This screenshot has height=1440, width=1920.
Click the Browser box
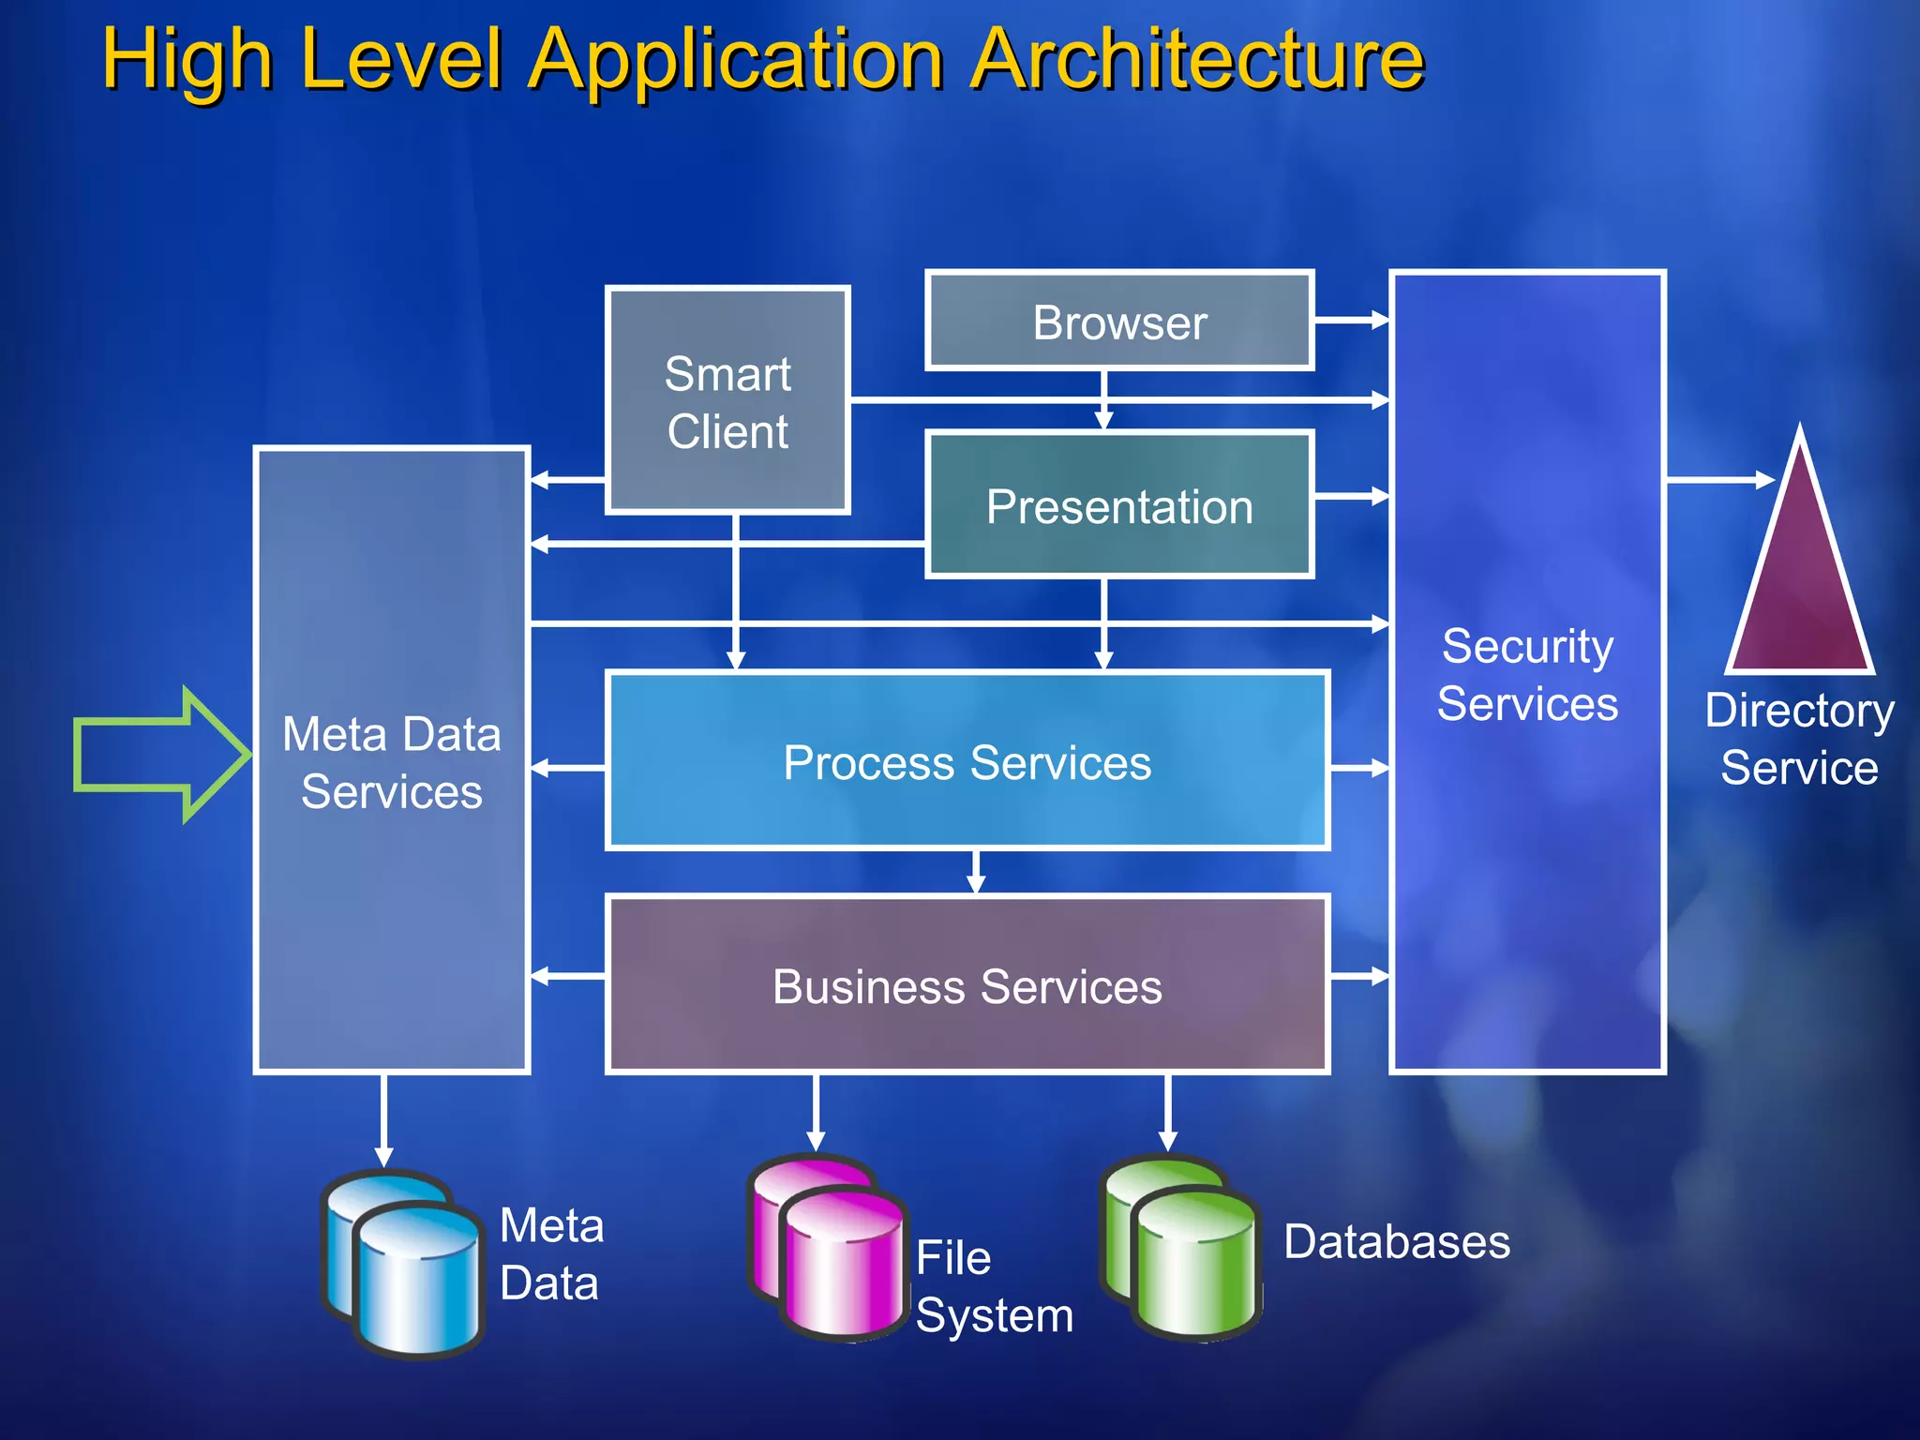click(1119, 322)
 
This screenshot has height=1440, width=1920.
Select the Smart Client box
click(727, 401)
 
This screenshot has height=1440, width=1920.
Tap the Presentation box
click(1119, 505)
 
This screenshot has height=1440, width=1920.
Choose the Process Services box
click(967, 761)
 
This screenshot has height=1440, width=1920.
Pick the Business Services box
click(967, 985)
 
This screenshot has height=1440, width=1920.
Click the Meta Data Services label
click(392, 762)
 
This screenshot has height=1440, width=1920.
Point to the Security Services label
click(1527, 675)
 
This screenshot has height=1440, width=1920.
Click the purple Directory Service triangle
click(1799, 581)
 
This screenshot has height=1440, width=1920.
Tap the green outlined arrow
click(159, 755)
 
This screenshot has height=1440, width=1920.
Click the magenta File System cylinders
click(829, 1247)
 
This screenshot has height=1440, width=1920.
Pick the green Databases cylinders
click(1181, 1247)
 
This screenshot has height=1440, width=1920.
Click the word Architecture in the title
click(1197, 60)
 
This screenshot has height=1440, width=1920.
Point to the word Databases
click(1397, 1242)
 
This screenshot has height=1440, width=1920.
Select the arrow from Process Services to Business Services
click(976, 872)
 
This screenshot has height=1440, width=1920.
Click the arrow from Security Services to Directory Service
click(1719, 480)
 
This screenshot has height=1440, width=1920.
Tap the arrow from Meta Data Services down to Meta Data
click(383, 1120)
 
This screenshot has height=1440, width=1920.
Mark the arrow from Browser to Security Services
click(1351, 320)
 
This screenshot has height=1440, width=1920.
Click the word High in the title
click(187, 60)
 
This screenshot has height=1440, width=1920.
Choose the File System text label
click(994, 1286)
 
